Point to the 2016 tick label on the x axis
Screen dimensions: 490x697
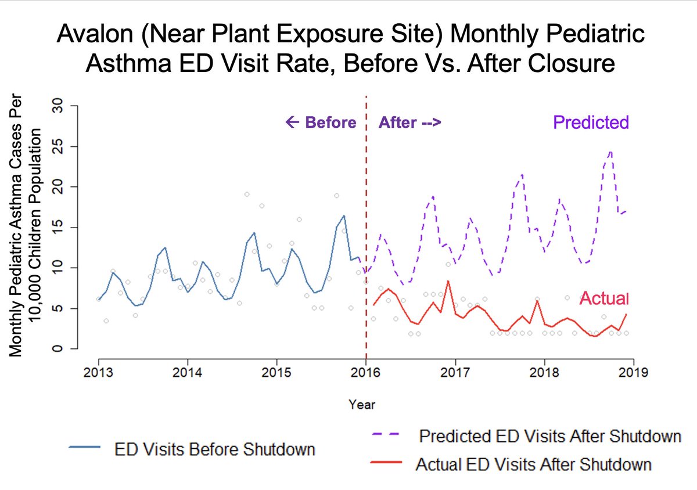click(x=366, y=372)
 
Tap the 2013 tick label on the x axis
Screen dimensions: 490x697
click(x=99, y=372)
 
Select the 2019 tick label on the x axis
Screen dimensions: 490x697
click(x=633, y=372)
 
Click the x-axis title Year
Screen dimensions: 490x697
click(x=362, y=404)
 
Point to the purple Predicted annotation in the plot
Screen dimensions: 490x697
click(x=591, y=122)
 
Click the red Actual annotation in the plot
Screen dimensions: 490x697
click(x=604, y=298)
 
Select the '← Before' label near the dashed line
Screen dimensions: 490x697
click(x=321, y=123)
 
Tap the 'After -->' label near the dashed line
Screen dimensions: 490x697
click(x=410, y=123)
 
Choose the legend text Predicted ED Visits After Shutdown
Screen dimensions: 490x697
click(x=549, y=436)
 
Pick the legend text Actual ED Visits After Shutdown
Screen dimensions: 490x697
click(x=533, y=464)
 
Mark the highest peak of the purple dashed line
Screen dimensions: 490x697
click(x=610, y=152)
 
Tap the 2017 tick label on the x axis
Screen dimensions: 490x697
click(x=456, y=372)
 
